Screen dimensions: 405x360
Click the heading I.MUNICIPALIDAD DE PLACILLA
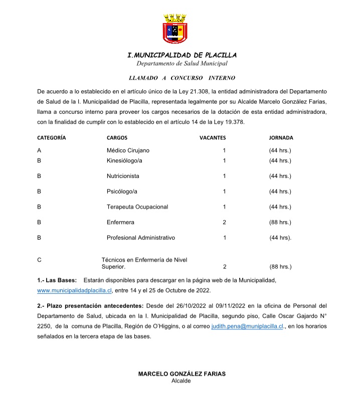click(182, 55)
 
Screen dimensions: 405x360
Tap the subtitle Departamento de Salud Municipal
click(182, 64)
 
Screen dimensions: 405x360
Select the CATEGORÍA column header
click(52, 137)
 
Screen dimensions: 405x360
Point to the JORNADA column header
click(281, 137)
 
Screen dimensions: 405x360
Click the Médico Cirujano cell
click(128, 150)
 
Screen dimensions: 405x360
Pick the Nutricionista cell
click(123, 176)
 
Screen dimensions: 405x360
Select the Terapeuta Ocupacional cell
click(137, 207)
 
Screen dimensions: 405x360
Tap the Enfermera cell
click(120, 222)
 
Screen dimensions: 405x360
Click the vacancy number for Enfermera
click(225, 222)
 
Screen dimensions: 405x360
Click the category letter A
click(39, 150)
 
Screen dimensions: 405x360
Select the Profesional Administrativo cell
click(141, 238)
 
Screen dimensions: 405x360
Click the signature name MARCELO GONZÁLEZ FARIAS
click(182, 374)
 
